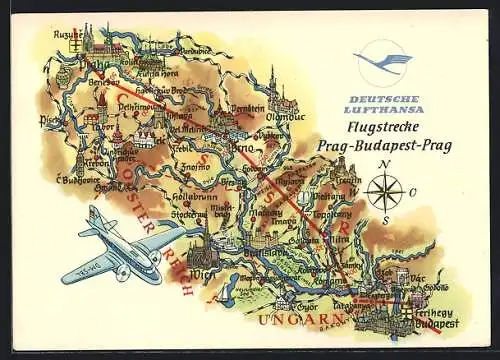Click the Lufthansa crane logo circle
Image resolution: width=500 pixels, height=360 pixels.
pyautogui.click(x=383, y=64)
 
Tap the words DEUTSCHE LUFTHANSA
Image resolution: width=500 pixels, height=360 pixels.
pyautogui.click(x=383, y=104)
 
